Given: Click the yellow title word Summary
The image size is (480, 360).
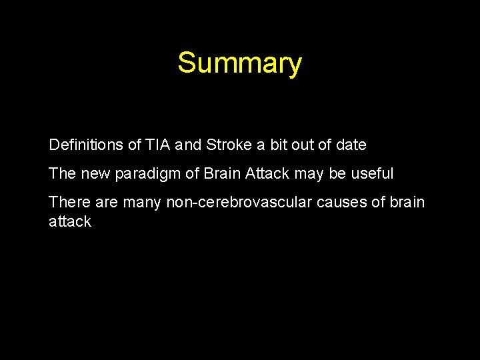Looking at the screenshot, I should click(239, 63).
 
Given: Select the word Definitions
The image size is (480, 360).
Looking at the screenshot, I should click(86, 145).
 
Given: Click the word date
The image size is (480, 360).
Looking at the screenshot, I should click(351, 145).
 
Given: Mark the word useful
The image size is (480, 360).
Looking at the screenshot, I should click(373, 174).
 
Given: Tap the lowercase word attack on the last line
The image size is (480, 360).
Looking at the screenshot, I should click(69, 222).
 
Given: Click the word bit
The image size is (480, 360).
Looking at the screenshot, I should click(279, 145).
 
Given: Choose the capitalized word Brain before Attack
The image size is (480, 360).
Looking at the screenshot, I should click(223, 174).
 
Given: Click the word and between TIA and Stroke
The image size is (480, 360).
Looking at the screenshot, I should click(189, 145).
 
